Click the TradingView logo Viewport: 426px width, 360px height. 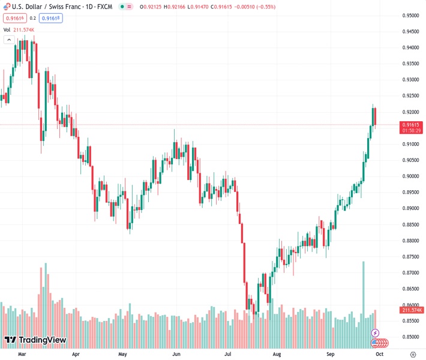point(35,340)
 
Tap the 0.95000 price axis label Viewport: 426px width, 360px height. point(410,16)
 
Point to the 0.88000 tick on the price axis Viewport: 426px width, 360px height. point(410,241)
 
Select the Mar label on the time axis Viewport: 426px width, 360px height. point(23,354)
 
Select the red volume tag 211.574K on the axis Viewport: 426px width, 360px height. point(412,310)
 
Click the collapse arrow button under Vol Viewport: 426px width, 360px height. point(9,40)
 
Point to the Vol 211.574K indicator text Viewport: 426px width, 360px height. point(19,29)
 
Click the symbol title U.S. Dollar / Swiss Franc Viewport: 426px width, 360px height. point(45,7)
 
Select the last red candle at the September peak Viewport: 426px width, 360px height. point(375,116)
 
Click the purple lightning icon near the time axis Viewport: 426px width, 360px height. point(376,332)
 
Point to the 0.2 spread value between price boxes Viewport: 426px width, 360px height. point(33,18)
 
